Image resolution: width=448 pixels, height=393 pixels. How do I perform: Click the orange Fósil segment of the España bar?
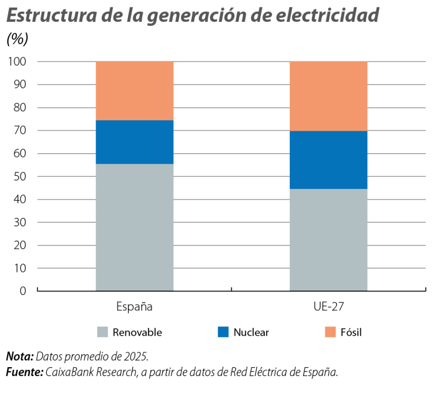pyautogui.click(x=134, y=91)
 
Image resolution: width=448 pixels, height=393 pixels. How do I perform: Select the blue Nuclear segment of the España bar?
pyautogui.click(x=134, y=142)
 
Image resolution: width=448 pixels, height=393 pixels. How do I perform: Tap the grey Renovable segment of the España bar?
pyautogui.click(x=134, y=227)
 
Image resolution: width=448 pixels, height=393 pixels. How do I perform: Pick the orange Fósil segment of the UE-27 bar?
pyautogui.click(x=329, y=96)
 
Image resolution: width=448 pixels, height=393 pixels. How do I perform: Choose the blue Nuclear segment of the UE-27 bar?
pyautogui.click(x=329, y=160)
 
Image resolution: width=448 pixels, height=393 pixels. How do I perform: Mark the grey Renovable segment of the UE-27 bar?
pyautogui.click(x=329, y=240)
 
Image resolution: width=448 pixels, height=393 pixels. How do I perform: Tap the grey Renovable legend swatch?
pyautogui.click(x=103, y=332)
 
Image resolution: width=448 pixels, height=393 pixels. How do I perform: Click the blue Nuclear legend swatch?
pyautogui.click(x=224, y=332)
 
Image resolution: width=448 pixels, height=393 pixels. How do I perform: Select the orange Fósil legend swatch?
pyautogui.click(x=331, y=332)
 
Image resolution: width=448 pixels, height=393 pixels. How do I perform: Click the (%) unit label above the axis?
pyautogui.click(x=17, y=40)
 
